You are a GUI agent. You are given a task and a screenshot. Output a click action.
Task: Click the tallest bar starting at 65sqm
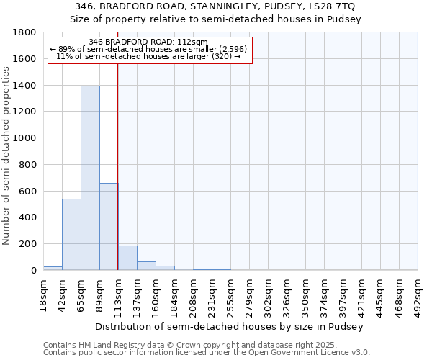pyautogui.click(x=90, y=178)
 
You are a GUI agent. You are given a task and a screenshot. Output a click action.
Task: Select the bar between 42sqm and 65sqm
pyautogui.click(x=71, y=234)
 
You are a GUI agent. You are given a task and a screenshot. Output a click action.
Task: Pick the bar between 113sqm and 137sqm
pyautogui.click(x=127, y=258)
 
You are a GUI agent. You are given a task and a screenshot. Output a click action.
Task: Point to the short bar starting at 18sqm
pyautogui.click(x=53, y=268)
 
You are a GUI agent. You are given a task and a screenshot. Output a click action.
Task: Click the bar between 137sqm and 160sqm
pyautogui.click(x=146, y=266)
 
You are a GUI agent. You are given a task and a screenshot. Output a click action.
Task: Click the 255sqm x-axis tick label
pyautogui.click(x=231, y=295)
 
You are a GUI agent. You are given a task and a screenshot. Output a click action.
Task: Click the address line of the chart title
pyautogui.click(x=215, y=6)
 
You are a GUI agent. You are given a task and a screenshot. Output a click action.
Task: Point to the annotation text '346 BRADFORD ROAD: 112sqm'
pyautogui.click(x=150, y=42)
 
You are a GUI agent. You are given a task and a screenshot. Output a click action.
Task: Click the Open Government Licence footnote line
pyautogui.click(x=206, y=352)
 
